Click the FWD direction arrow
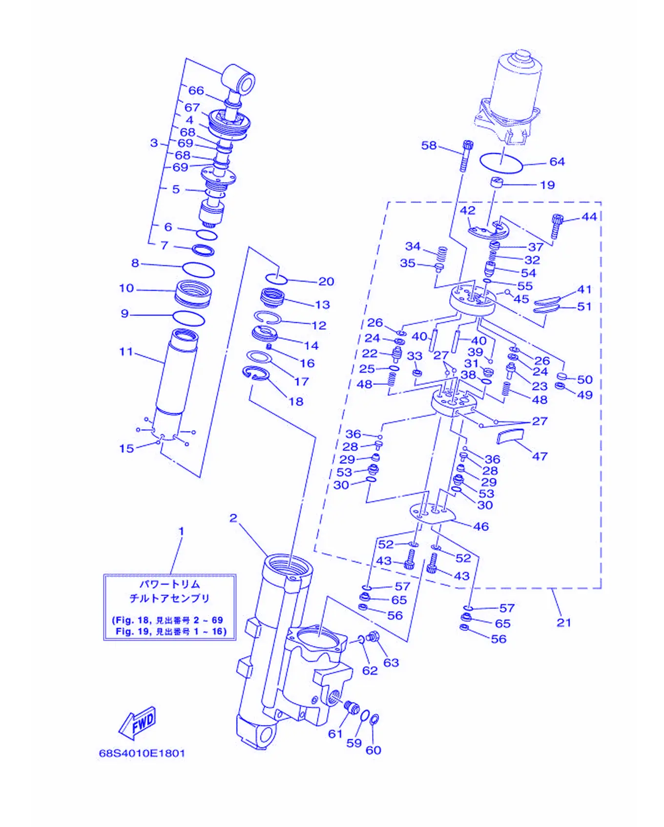click(138, 722)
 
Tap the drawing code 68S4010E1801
click(142, 753)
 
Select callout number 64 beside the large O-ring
click(557, 162)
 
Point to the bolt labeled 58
click(466, 155)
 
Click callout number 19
click(547, 185)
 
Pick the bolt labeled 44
click(557, 226)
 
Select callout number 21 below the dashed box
click(564, 622)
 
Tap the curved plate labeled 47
click(510, 435)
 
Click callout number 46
click(481, 526)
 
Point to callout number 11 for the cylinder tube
click(126, 351)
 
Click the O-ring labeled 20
click(276, 278)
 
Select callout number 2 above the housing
click(233, 518)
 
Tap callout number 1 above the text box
click(181, 531)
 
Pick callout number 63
click(391, 662)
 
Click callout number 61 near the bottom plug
click(335, 734)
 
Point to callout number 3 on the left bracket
click(154, 143)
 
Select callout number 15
click(126, 448)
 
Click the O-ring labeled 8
click(198, 269)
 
